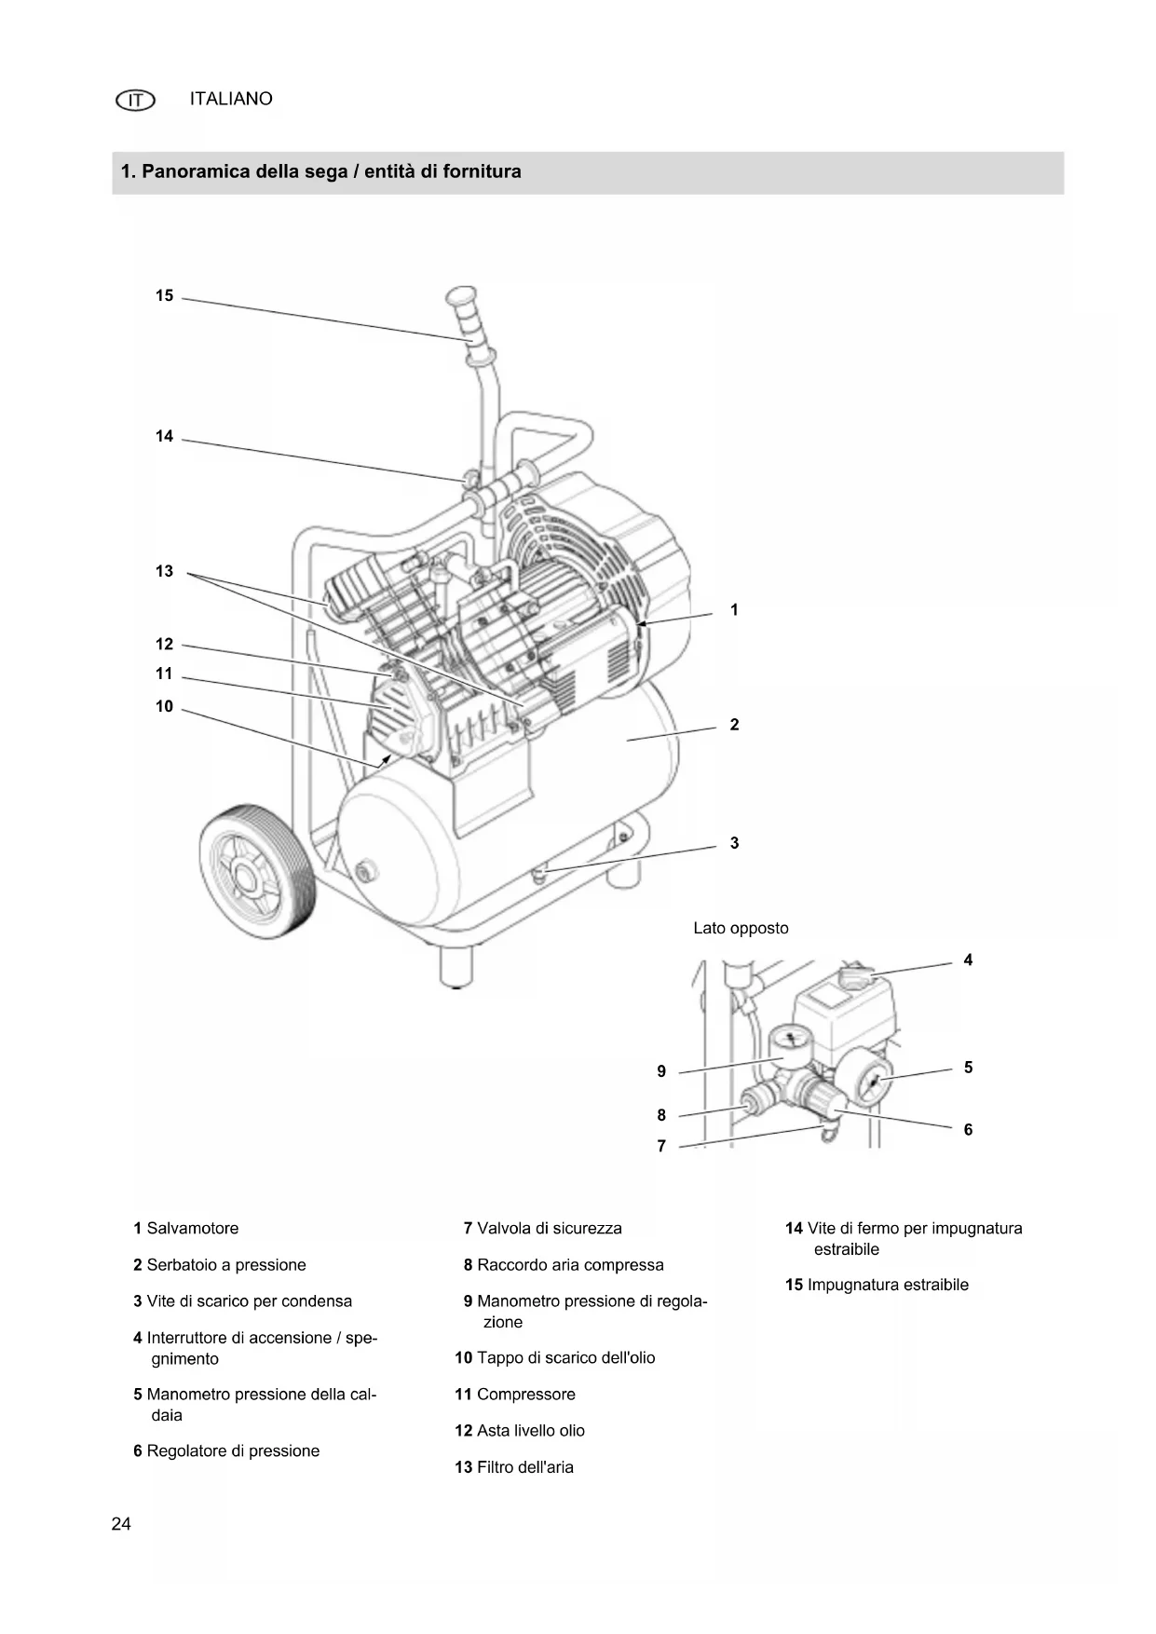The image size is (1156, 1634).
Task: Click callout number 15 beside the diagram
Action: pos(164,296)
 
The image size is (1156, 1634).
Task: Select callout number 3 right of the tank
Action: pos(734,843)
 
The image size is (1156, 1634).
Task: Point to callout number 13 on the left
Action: pos(164,571)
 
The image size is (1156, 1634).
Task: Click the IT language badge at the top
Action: pos(135,100)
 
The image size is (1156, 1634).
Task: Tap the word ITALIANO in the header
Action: pos(231,99)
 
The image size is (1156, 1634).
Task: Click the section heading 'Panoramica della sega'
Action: pos(320,172)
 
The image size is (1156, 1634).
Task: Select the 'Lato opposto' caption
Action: pos(741,928)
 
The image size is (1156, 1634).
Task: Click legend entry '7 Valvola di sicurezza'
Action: pos(542,1229)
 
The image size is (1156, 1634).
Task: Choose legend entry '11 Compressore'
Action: pos(515,1395)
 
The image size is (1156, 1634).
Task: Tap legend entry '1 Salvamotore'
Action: pos(186,1229)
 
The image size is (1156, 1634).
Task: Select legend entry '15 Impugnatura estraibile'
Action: pos(877,1286)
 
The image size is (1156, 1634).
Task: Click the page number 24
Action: pos(121,1524)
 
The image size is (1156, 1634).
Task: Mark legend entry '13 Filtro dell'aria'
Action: pos(514,1467)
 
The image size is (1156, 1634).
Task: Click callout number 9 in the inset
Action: pos(661,1071)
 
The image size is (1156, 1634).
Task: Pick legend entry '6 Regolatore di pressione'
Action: pos(226,1451)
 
